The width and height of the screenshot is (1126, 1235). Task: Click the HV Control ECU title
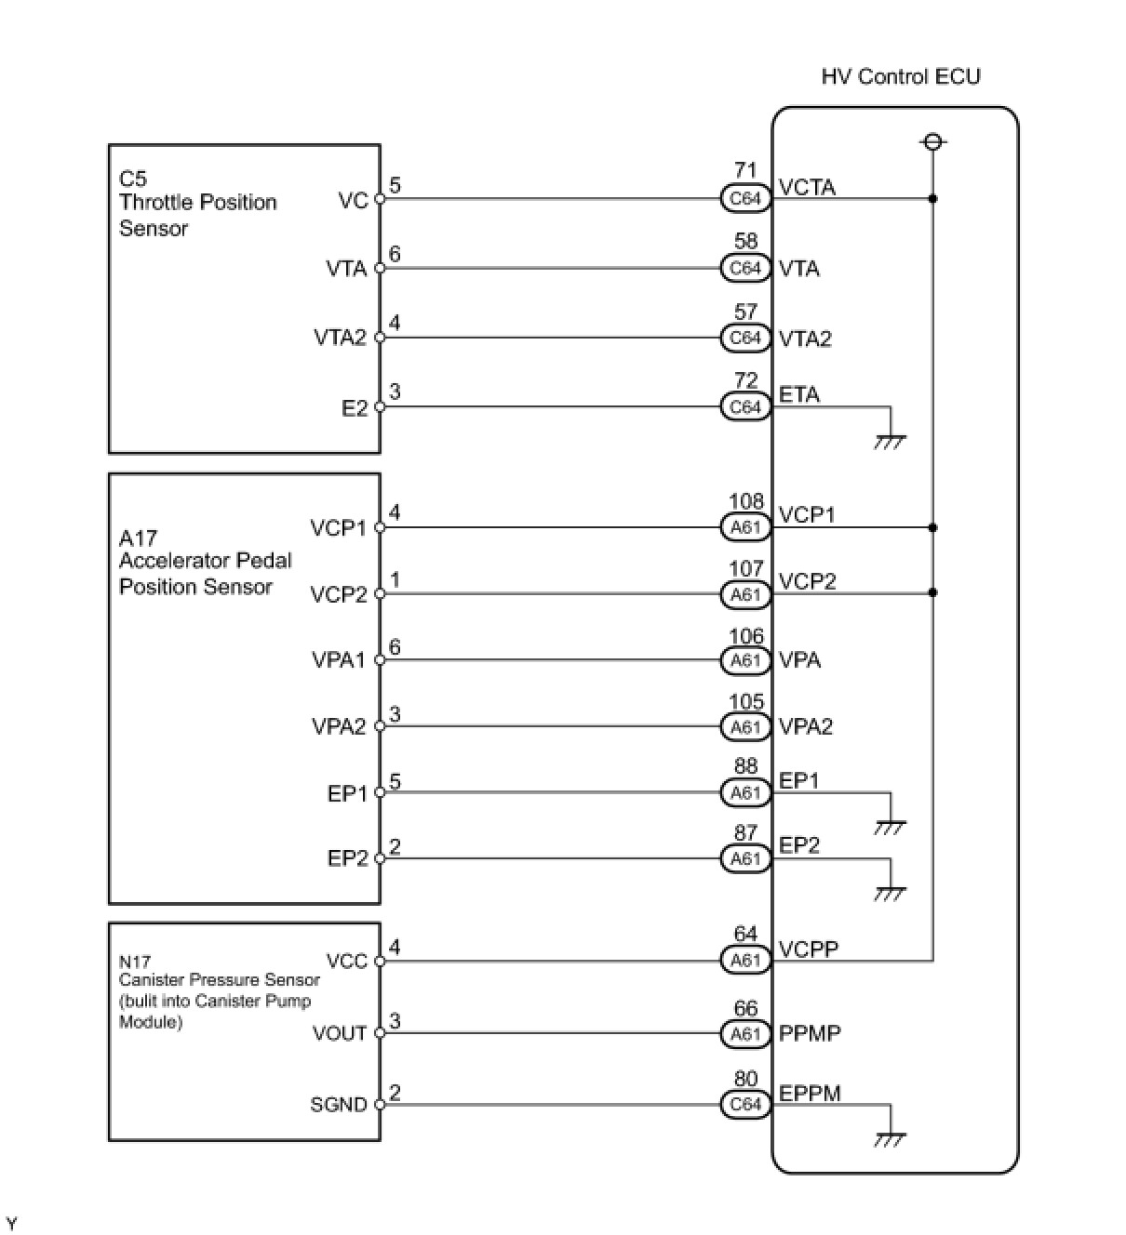(x=900, y=76)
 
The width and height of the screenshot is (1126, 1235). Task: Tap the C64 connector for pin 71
(x=745, y=198)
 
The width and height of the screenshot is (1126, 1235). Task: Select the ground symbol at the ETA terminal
(x=890, y=441)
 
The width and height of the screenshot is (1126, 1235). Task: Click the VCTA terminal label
(x=807, y=187)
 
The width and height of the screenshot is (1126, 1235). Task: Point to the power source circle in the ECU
(x=932, y=141)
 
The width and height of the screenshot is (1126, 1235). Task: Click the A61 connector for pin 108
(x=745, y=527)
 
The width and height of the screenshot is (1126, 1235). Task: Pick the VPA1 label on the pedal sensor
(x=339, y=660)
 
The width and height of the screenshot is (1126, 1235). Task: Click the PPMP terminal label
(x=810, y=1033)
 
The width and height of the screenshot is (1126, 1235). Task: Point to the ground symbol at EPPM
(x=890, y=1138)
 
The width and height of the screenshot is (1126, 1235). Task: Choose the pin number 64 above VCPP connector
(x=745, y=934)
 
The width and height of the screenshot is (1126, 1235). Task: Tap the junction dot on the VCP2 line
(x=932, y=592)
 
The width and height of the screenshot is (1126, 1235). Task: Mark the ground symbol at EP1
(x=890, y=826)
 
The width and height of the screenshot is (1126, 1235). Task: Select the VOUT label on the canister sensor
(x=340, y=1033)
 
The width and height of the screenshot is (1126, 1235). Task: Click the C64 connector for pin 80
(x=745, y=1104)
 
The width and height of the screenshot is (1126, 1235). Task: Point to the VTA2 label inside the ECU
(x=805, y=339)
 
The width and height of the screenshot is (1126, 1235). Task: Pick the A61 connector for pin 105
(x=745, y=726)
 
